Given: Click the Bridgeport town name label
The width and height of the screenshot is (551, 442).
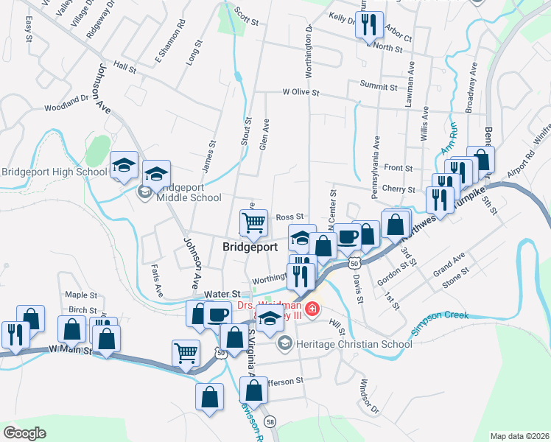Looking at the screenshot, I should click(250, 248).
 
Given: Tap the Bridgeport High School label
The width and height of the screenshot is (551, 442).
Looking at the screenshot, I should click(54, 172).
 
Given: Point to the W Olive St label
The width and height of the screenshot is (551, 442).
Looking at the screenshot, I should click(300, 93).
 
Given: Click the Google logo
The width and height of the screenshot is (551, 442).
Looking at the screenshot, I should click(25, 432).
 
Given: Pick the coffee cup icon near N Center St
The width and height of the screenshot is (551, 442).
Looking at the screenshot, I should click(348, 236).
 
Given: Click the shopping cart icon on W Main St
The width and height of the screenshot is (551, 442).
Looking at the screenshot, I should click(186, 351).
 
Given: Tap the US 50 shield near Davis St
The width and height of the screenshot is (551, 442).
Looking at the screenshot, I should click(355, 263).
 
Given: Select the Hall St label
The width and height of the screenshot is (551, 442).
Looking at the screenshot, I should click(125, 67).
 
